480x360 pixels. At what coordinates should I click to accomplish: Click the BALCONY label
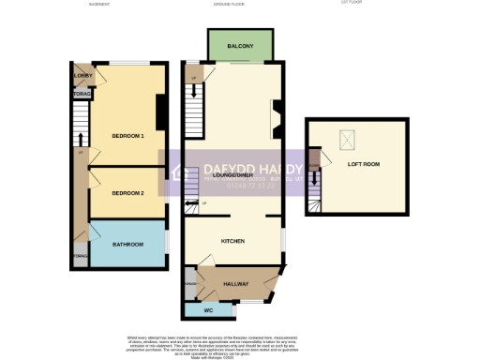point(241,44)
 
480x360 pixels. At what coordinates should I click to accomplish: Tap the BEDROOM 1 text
point(127,136)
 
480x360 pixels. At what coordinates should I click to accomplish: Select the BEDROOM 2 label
point(127,193)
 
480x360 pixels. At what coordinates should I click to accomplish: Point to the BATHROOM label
point(128,245)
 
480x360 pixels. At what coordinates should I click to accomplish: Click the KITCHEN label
point(232,241)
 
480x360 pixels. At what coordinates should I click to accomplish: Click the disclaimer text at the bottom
point(239,344)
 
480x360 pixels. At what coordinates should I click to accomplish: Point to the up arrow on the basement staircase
point(82,153)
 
